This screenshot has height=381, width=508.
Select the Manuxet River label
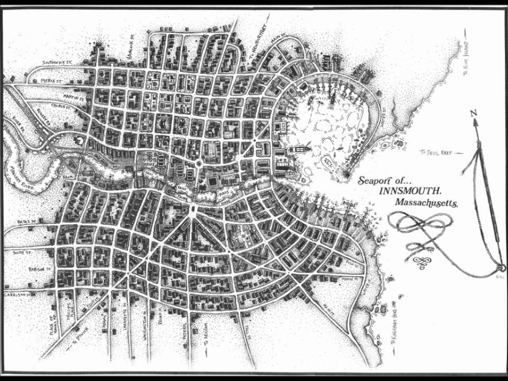[19, 175]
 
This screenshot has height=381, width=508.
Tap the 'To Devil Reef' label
[437, 152]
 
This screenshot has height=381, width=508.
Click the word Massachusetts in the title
[426, 203]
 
